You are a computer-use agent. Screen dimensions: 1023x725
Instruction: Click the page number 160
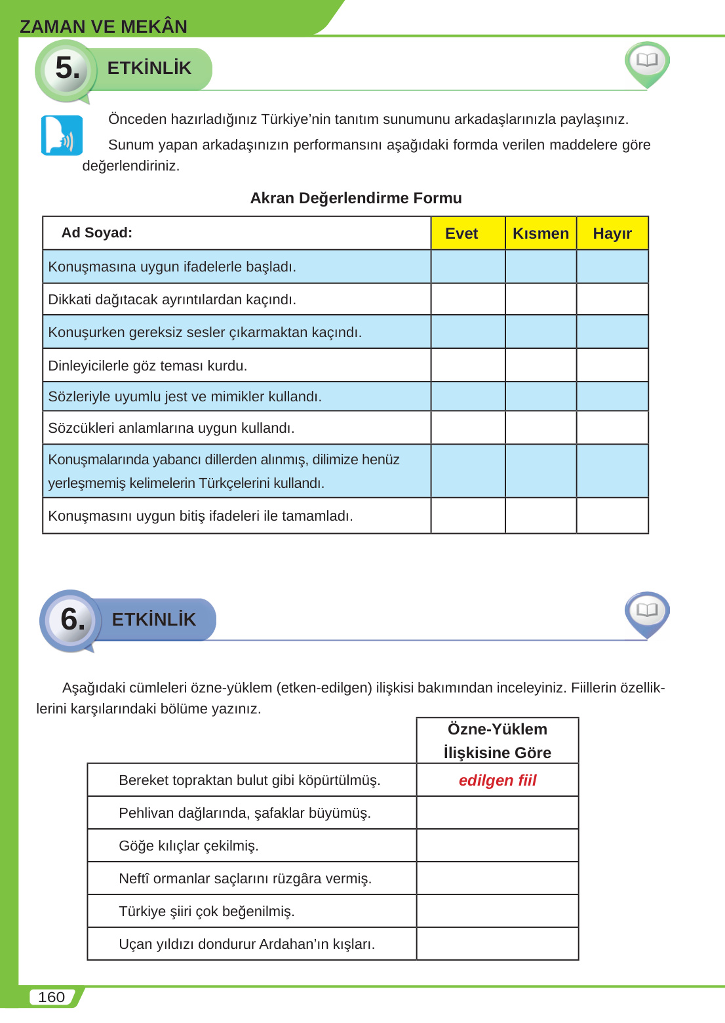pyautogui.click(x=51, y=997)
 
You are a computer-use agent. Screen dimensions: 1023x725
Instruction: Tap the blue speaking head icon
pyautogui.click(x=62, y=136)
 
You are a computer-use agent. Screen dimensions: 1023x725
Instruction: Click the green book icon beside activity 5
pyautogui.click(x=647, y=62)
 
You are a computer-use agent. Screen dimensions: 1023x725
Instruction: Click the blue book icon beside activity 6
pyautogui.click(x=647, y=611)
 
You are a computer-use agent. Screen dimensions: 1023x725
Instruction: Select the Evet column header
pyautogui.click(x=461, y=233)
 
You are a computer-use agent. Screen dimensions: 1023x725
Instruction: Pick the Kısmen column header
pyautogui.click(x=540, y=233)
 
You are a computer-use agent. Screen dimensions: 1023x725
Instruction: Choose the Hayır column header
pyautogui.click(x=612, y=233)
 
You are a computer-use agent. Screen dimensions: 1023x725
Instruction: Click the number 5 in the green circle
pyautogui.click(x=67, y=68)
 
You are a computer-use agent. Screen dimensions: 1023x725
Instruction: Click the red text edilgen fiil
pyautogui.click(x=498, y=780)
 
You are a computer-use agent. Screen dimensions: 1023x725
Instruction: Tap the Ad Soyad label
pyautogui.click(x=97, y=233)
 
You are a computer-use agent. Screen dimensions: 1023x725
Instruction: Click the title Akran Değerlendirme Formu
pyautogui.click(x=356, y=198)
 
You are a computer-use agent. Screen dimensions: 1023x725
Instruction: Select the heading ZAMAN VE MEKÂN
pyautogui.click(x=104, y=26)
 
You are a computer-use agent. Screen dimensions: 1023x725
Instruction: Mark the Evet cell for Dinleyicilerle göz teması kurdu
pyautogui.click(x=468, y=365)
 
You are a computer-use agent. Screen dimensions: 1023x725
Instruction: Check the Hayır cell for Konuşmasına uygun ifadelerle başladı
pyautogui.click(x=612, y=267)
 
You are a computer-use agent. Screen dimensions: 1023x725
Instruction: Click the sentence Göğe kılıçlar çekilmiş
pyautogui.click(x=189, y=846)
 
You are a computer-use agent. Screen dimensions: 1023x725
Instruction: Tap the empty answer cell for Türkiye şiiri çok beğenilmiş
pyautogui.click(x=498, y=912)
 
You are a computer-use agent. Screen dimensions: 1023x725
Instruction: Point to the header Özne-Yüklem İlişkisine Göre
pyautogui.click(x=498, y=741)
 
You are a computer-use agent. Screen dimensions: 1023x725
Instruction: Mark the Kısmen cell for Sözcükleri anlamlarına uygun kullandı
pyautogui.click(x=541, y=428)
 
